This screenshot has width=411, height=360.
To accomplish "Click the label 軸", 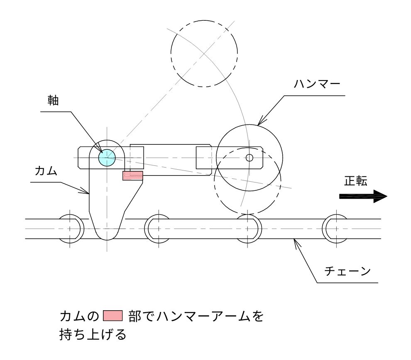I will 53,101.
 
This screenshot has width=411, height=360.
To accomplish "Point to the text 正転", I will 355,181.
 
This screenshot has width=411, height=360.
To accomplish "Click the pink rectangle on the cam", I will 132,175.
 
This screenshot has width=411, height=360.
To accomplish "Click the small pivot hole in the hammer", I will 249,158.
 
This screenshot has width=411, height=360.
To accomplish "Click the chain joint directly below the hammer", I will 248,229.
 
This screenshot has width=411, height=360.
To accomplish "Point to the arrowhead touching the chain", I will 296,243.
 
